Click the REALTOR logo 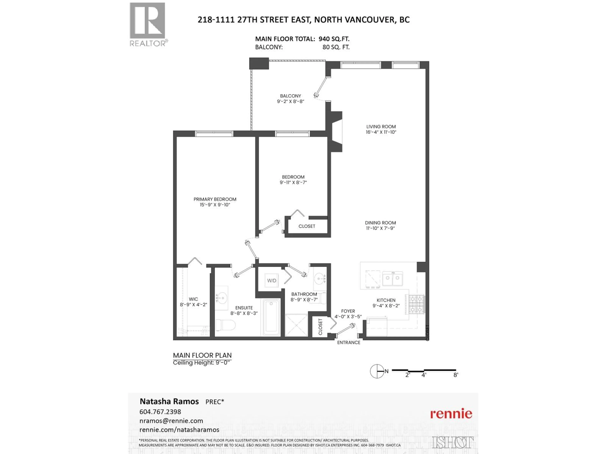(x=148, y=24)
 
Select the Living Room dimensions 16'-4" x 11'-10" (x=381, y=132)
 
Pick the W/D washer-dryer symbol (x=271, y=280)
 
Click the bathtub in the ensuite (x=271, y=317)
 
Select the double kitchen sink (x=392, y=278)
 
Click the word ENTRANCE (x=348, y=343)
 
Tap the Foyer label (x=348, y=311)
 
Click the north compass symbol (x=377, y=371)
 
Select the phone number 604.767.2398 (x=160, y=412)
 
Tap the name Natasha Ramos (x=169, y=402)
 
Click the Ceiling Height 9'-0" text (x=202, y=363)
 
